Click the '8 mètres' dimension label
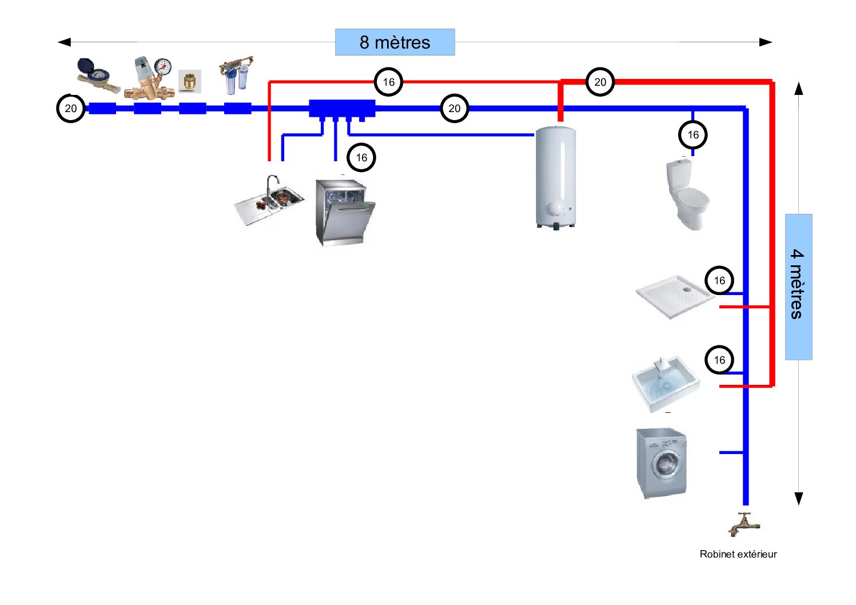pos(395,42)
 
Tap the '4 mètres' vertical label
pos(798,286)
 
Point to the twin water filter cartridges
pos(236,75)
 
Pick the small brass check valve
pos(189,81)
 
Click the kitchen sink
pos(269,200)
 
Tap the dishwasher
pos(344,212)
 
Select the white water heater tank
pos(555,177)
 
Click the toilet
pos(687,194)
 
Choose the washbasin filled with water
pos(665,381)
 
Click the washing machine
pos(662,463)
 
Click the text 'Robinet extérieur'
pos(738,554)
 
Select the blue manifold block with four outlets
pos(342,109)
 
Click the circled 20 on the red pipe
pos(600,82)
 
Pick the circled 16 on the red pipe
pos(389,82)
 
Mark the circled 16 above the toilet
pos(693,135)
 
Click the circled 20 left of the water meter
pos(71,109)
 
